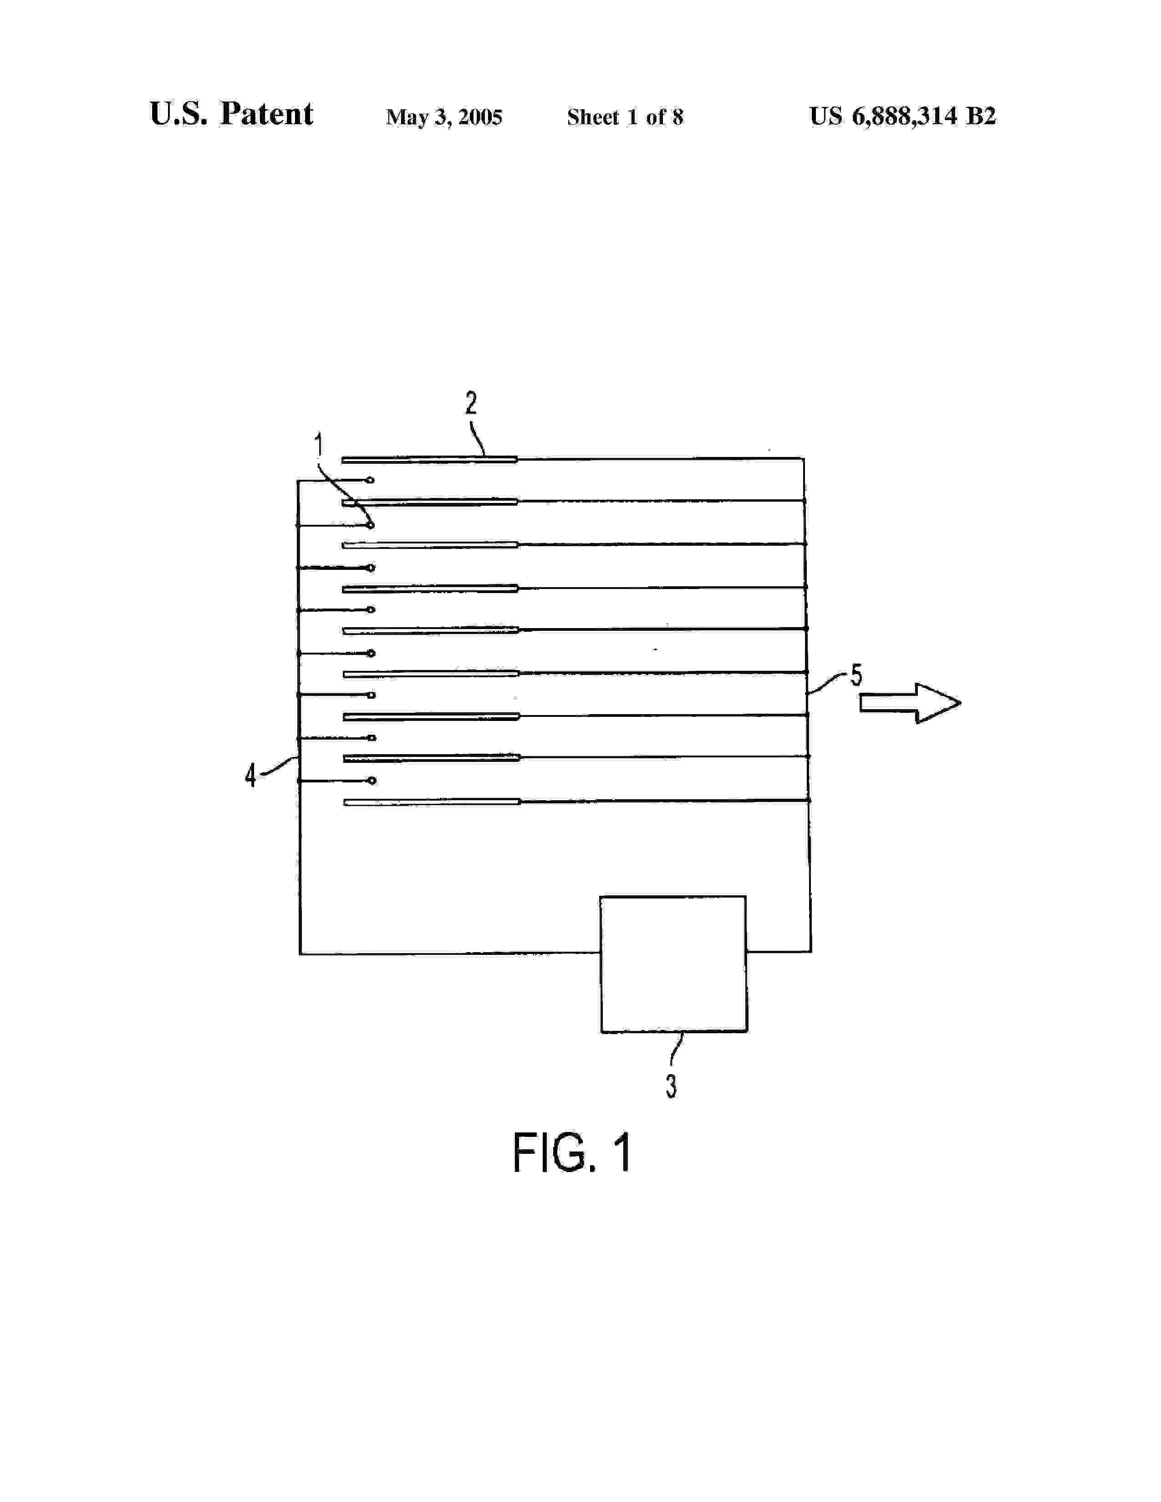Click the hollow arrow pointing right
click(909, 702)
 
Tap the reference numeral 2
click(471, 403)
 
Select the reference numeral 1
click(318, 446)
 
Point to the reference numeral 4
click(251, 775)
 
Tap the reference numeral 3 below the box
click(671, 1086)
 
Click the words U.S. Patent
click(231, 114)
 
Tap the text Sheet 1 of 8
click(625, 117)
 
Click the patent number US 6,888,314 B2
click(902, 116)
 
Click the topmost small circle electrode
click(370, 479)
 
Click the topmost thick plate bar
click(429, 459)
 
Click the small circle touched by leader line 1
click(371, 525)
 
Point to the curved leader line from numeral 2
click(477, 440)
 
